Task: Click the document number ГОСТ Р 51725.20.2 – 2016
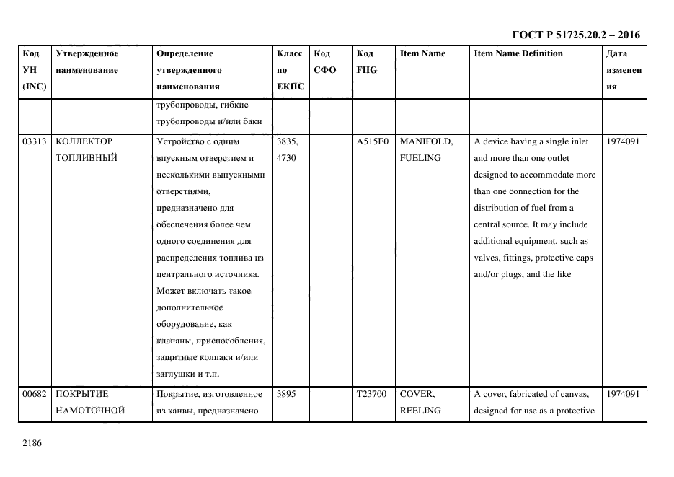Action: [x=576, y=35]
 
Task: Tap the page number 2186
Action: [x=33, y=443]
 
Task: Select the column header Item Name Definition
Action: [x=518, y=53]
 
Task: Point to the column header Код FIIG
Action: [x=366, y=61]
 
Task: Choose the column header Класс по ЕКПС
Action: [x=290, y=70]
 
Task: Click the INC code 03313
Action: [x=35, y=141]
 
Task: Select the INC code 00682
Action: [x=35, y=394]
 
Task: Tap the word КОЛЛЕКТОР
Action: [x=84, y=141]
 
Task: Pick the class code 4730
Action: [x=287, y=158]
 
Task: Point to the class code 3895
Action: [x=287, y=394]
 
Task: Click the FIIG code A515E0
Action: [x=372, y=141]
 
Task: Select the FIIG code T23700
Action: [x=372, y=394]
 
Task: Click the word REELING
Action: [x=420, y=411]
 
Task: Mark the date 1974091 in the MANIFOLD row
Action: [x=623, y=141]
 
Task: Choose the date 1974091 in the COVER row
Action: [x=623, y=394]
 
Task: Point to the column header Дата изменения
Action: [x=624, y=70]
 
